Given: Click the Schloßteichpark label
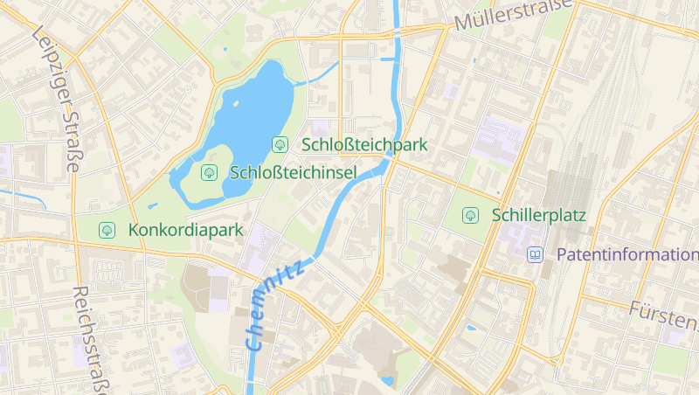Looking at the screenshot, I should (x=364, y=144).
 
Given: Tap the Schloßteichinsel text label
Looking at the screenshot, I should (x=293, y=172).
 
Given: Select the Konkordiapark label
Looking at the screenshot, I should (x=184, y=231).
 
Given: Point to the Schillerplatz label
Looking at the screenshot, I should (x=538, y=214).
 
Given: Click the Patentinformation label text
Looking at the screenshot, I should (x=626, y=255).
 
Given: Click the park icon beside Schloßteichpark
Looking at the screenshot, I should (x=280, y=144).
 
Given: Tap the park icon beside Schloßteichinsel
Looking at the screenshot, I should (x=209, y=172).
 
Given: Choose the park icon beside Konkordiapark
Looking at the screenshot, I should (x=107, y=231).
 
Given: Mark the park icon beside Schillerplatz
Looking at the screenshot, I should (x=470, y=214).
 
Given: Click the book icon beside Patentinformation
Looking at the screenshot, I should (x=534, y=255).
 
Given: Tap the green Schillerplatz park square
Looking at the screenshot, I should (x=454, y=229).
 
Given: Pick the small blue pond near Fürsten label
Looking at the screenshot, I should (x=472, y=328).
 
